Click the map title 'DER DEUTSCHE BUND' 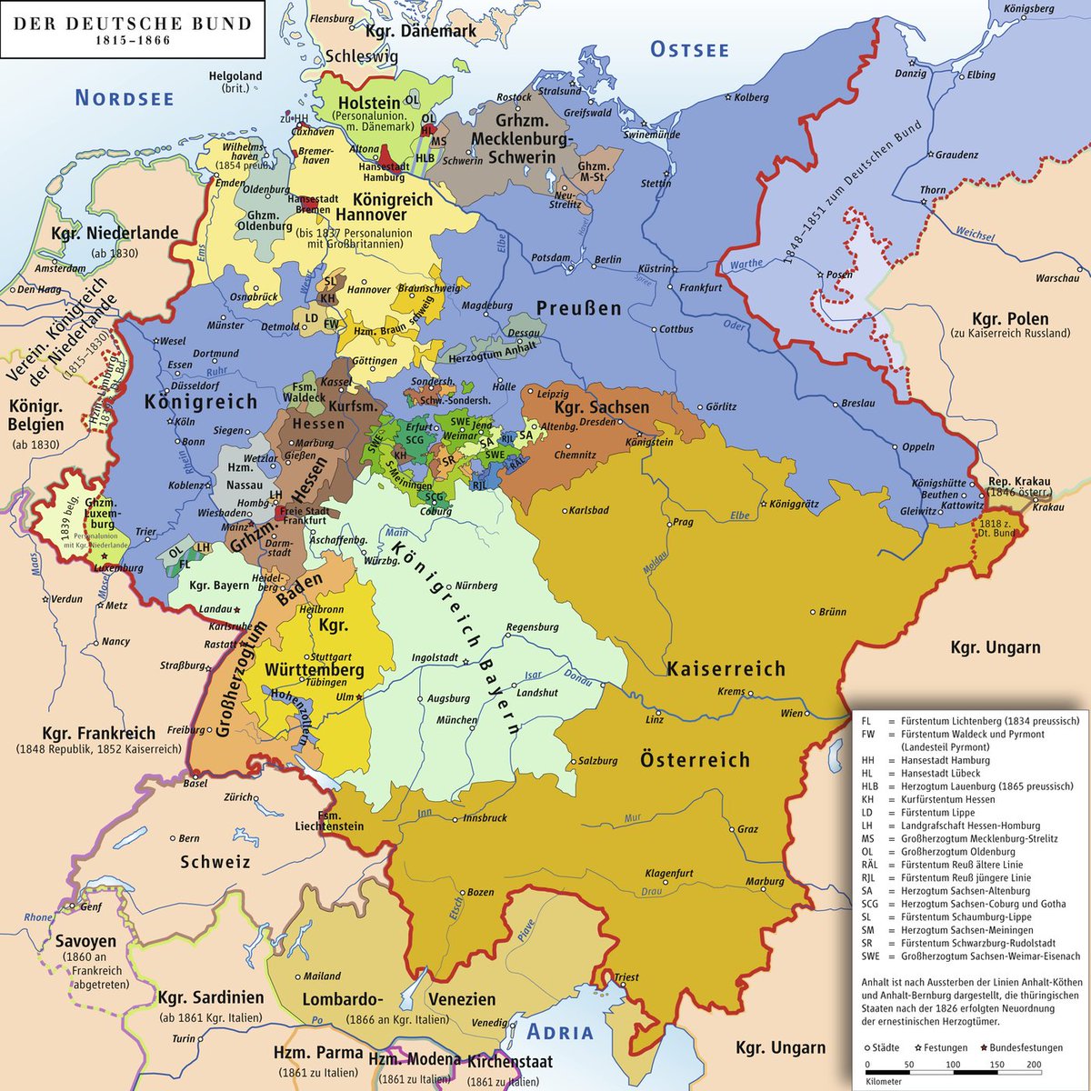coord(131,24)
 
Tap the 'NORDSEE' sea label coord(125,98)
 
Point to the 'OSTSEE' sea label coord(690,50)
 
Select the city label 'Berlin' coord(607,259)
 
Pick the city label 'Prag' coord(683,523)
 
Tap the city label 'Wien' coord(792,713)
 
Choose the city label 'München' coord(456,720)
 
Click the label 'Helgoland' coord(235,76)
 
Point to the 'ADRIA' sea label coord(560,1032)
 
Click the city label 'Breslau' coord(858,403)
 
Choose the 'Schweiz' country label coord(215,861)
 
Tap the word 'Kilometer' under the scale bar coord(883,1082)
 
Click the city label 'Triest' coord(626,978)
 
